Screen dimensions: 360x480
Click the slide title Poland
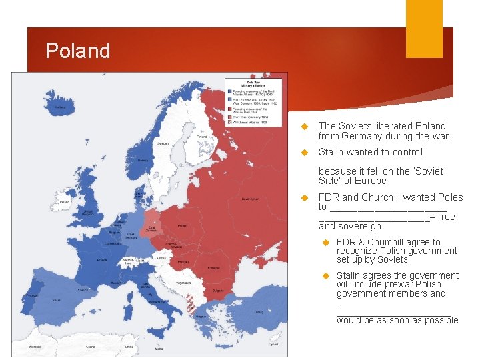tap(78, 51)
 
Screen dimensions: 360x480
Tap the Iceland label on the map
tap(60, 107)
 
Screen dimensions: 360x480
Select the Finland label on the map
tap(201, 137)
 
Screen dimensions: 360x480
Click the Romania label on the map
tap(213, 267)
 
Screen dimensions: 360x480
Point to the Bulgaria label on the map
tap(217, 291)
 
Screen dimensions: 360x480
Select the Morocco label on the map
tap(35, 347)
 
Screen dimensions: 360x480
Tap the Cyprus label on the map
tap(273, 345)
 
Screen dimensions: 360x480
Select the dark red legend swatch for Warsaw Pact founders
tap(230, 109)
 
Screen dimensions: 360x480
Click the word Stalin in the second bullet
tap(332, 152)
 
